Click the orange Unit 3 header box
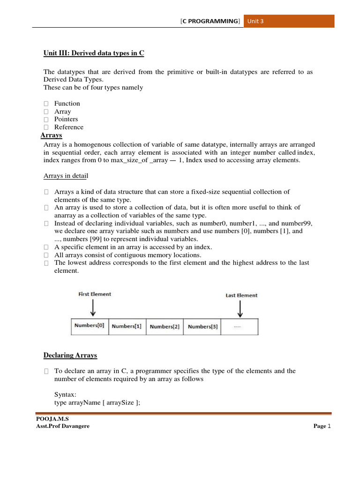pos(289,21)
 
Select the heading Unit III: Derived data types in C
pos(94,53)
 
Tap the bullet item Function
pos(67,104)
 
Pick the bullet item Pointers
pos(66,119)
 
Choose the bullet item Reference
pos(68,127)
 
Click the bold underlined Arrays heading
pos(52,135)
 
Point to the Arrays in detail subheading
pos(66,176)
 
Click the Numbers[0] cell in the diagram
pos(90,326)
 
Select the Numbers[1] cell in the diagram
pos(127,327)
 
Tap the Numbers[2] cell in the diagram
pos(165,327)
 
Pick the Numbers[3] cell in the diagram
pos(202,327)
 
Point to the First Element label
pos(95,294)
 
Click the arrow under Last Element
pos(240,309)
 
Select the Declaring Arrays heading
pos(70,355)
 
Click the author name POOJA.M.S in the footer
pos(49,419)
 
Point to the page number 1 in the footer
pos(329,426)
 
